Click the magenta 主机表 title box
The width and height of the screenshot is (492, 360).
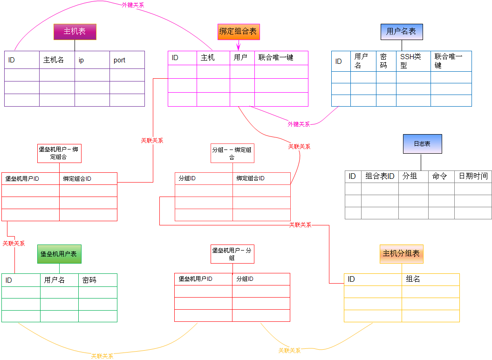click(75, 32)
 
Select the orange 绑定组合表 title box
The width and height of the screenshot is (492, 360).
click(239, 32)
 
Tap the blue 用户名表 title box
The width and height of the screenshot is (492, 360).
click(402, 32)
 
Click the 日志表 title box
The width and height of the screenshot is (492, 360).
click(422, 144)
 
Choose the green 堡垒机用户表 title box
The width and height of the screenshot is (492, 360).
click(59, 254)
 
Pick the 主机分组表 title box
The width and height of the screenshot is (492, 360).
click(401, 254)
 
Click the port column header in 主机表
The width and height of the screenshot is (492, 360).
click(127, 60)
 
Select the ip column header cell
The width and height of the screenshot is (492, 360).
click(92, 60)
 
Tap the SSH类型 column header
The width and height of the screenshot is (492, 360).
click(413, 61)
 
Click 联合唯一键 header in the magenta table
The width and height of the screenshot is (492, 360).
click(281, 58)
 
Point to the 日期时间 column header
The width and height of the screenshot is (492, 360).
click(473, 176)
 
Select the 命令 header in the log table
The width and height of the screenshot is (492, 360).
click(441, 176)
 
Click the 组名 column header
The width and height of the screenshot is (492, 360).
click(430, 279)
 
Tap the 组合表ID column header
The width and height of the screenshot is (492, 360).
click(380, 176)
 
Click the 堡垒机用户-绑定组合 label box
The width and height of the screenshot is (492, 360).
click(59, 153)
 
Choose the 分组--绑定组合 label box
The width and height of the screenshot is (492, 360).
click(232, 153)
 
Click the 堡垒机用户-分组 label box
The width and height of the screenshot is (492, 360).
click(232, 254)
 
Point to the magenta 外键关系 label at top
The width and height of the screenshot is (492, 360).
click(133, 5)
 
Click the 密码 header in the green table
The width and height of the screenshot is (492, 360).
click(97, 280)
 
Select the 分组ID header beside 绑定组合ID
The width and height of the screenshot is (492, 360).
click(204, 178)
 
